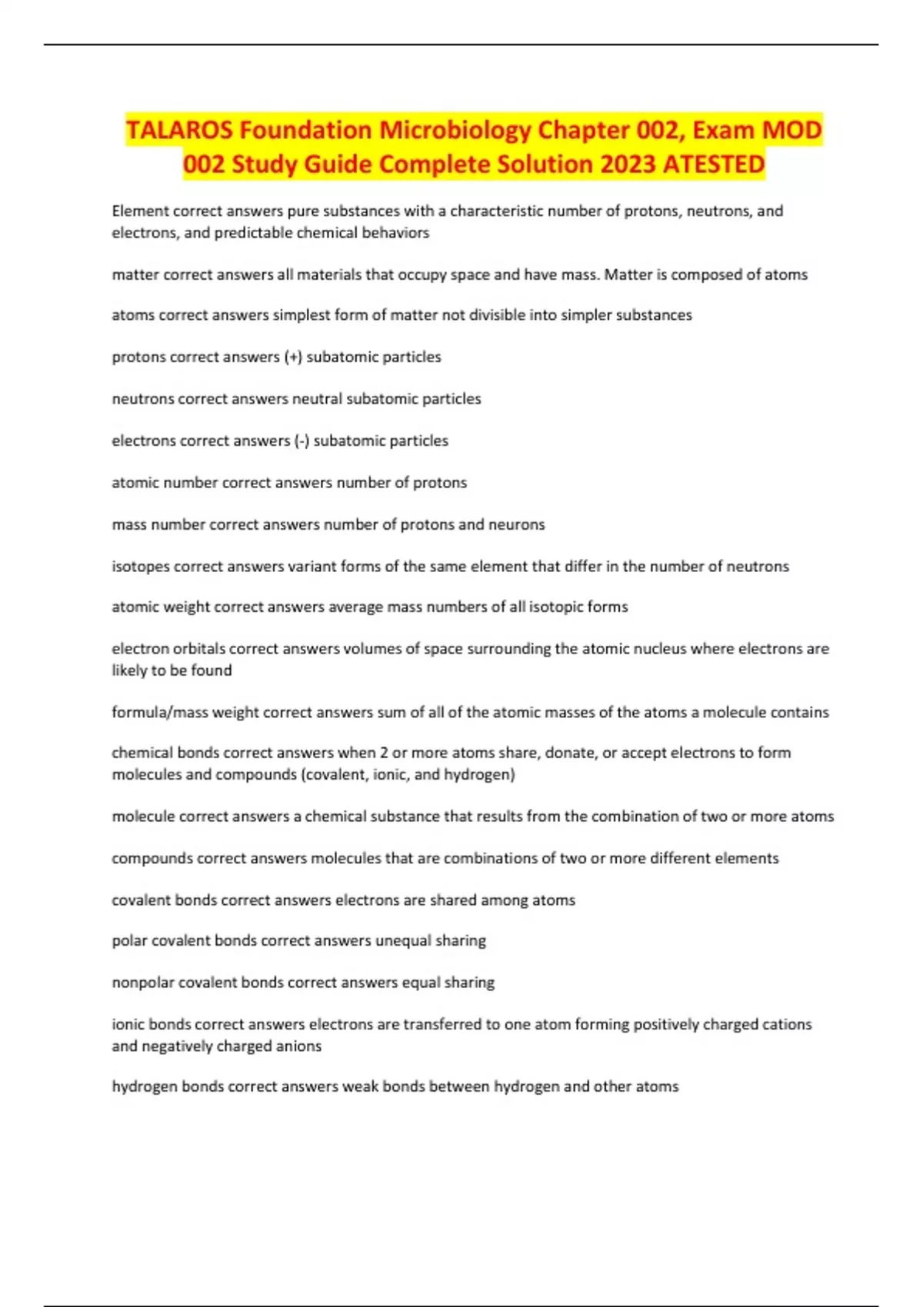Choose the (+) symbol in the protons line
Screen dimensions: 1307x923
293,357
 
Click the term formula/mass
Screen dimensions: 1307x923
160,712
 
